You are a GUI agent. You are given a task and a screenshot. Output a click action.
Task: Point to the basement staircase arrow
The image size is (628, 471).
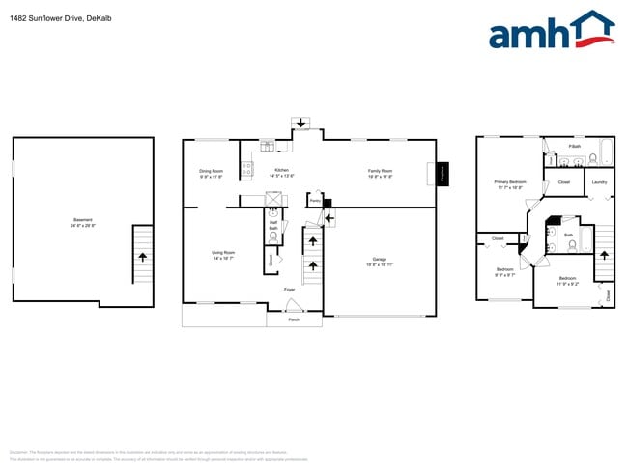pos(143,257)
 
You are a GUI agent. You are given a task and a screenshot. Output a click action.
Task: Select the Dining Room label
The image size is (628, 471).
pos(211,173)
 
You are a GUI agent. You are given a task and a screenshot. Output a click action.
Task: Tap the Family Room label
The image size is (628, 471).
pos(380,173)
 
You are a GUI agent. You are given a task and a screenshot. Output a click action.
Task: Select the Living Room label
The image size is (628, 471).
pos(224,255)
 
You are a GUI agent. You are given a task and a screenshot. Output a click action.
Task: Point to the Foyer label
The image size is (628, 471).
pos(289,290)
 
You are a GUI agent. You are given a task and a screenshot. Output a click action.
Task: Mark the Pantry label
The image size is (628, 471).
pos(315,200)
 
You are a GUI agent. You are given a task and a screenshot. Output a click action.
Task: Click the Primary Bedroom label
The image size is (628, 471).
pos(509,183)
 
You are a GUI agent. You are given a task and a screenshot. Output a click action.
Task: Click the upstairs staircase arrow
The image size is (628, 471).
pos(605,256)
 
